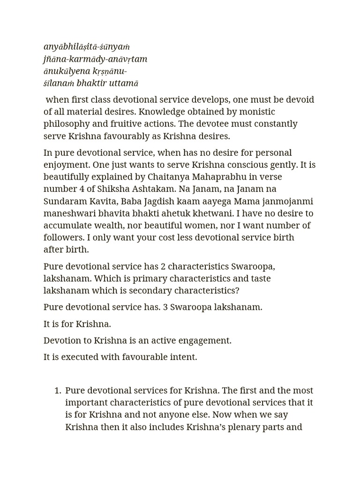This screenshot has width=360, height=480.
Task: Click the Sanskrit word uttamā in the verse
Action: [123, 83]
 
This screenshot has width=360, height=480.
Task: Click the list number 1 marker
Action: [57, 390]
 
